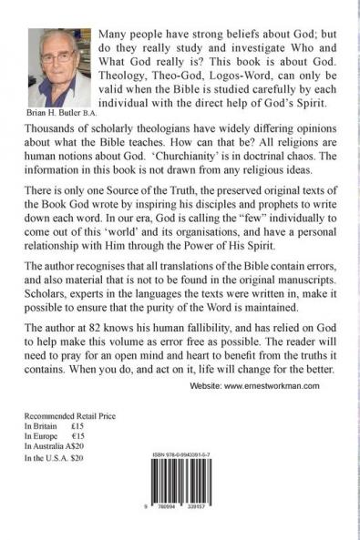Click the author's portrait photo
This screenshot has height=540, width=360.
point(64,68)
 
